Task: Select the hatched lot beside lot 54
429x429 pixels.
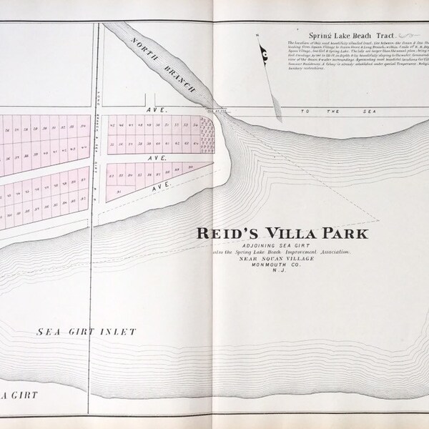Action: [207, 129]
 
